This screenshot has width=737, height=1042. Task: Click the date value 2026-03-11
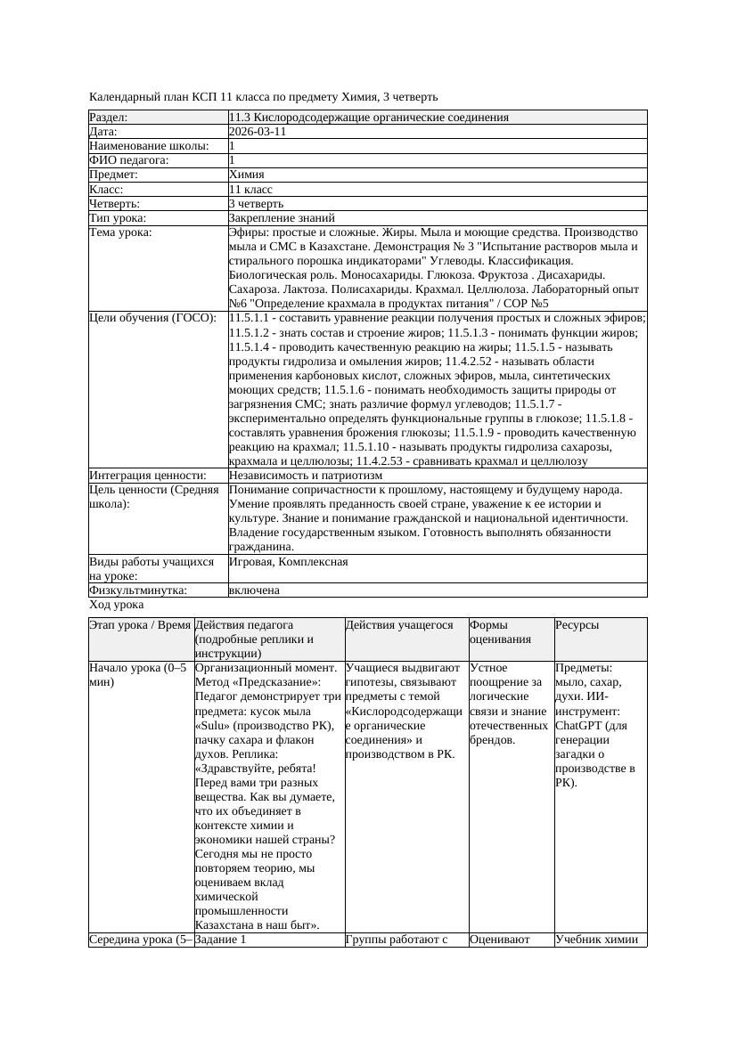(258, 132)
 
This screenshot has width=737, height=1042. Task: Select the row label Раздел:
(109, 118)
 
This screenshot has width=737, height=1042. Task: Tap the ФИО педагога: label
(129, 160)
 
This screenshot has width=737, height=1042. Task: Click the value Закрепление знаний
(282, 217)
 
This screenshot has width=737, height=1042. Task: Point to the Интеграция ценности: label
(148, 476)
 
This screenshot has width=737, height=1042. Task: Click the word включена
(254, 590)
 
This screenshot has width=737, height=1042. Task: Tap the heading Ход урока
(116, 605)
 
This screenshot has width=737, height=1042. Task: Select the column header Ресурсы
(577, 625)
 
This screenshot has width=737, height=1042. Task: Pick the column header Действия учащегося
(399, 625)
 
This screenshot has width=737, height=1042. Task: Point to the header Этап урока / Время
(140, 625)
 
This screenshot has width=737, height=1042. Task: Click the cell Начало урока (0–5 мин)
(138, 674)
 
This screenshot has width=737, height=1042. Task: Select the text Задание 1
(219, 939)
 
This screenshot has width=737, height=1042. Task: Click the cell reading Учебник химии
(596, 939)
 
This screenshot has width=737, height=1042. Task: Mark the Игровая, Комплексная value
(288, 562)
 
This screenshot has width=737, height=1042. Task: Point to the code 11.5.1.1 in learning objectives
(252, 318)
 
